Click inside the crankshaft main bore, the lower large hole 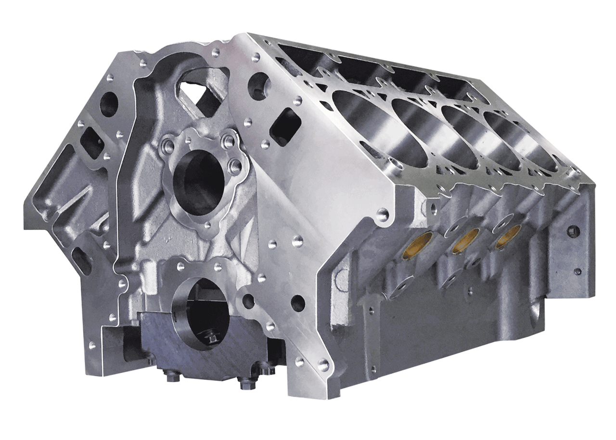[206, 308]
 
